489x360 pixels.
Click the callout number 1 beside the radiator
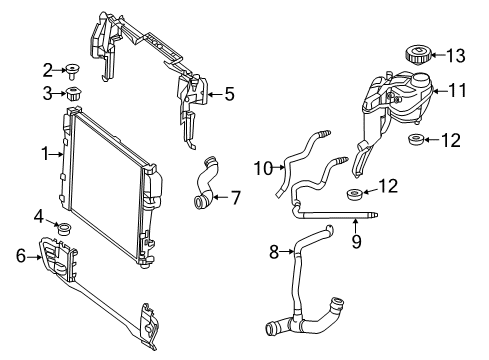click(x=45, y=154)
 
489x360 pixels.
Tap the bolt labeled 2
click(x=72, y=71)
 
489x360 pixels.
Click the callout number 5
click(x=230, y=94)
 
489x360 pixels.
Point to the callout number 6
click(x=21, y=256)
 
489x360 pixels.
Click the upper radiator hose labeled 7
click(x=206, y=183)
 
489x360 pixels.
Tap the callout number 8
click(x=274, y=252)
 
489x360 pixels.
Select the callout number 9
click(x=356, y=241)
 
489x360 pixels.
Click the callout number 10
click(x=264, y=168)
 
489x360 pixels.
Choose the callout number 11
click(x=458, y=91)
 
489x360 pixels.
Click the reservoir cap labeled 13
click(x=417, y=55)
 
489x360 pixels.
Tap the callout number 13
click(x=455, y=56)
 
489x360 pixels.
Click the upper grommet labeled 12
click(x=416, y=139)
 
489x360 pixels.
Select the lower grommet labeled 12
click(x=354, y=194)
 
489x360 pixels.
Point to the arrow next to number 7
click(x=221, y=197)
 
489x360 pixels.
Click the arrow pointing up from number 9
click(x=355, y=225)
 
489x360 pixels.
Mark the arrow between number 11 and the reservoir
click(x=440, y=91)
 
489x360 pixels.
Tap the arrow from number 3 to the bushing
click(x=60, y=94)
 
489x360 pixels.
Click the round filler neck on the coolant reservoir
click(x=421, y=80)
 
